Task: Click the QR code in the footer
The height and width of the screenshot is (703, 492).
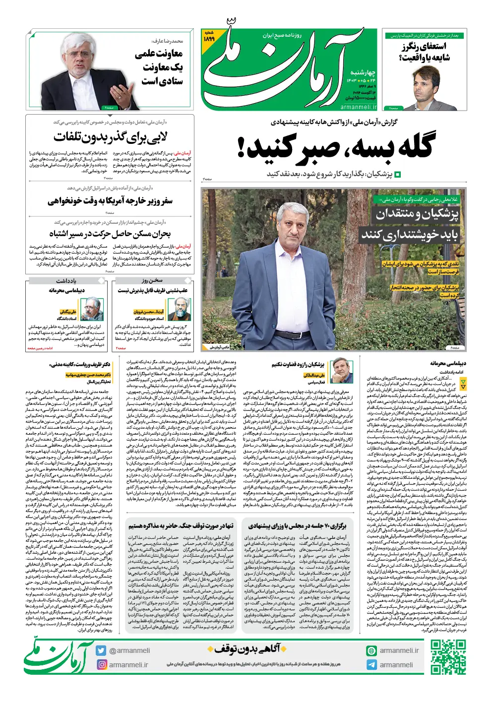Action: pyautogui.click(x=448, y=657)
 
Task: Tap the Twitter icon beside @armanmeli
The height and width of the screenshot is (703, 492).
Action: pyautogui.click(x=101, y=650)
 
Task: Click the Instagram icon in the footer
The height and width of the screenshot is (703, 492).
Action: pyautogui.click(x=101, y=665)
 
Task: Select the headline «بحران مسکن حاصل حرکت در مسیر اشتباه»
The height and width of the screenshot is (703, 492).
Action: pyautogui.click(x=110, y=233)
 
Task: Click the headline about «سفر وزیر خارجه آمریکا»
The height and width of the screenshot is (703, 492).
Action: pyautogui.click(x=110, y=200)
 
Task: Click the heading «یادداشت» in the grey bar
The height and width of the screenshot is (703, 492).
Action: pyautogui.click(x=66, y=281)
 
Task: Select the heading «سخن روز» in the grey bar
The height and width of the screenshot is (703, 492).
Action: pyautogui.click(x=152, y=281)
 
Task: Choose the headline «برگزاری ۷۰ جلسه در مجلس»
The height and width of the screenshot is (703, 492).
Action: pyautogui.click(x=297, y=526)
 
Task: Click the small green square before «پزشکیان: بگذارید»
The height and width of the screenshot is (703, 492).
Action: pyautogui.click(x=397, y=175)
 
